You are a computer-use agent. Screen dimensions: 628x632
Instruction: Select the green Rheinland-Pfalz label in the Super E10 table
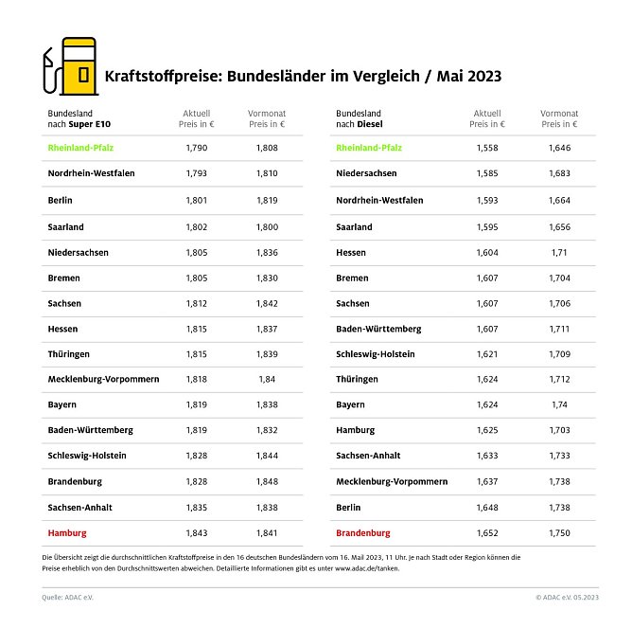(85, 148)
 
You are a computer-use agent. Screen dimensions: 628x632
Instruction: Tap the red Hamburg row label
(67, 533)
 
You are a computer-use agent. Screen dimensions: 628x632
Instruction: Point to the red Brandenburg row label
(364, 533)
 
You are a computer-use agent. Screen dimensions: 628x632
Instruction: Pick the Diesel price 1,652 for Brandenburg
(486, 533)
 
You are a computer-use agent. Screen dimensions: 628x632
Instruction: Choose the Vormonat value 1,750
(560, 533)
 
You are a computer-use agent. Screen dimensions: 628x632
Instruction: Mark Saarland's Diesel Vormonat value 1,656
(560, 227)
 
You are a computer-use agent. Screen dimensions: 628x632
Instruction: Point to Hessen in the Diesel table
(353, 253)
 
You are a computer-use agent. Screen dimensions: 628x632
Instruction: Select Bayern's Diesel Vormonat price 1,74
(560, 404)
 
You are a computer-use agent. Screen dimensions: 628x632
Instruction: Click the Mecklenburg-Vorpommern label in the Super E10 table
(103, 379)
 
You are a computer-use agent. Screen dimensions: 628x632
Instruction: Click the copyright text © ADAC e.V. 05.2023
(567, 598)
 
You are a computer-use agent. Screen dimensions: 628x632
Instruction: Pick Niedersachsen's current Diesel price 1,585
(486, 173)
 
